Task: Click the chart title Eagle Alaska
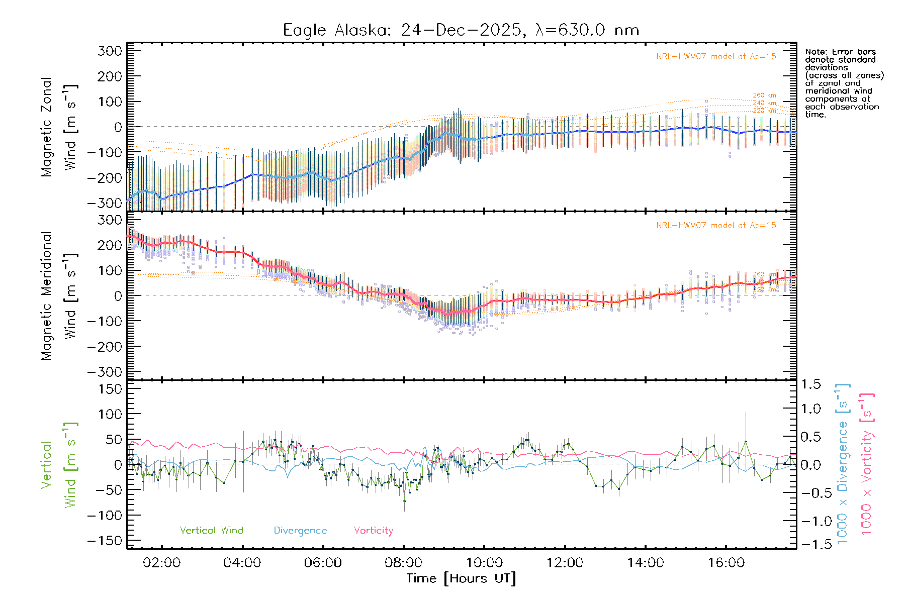tap(461, 30)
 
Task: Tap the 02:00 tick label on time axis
tap(161, 563)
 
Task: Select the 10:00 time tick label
tap(484, 563)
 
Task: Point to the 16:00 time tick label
tap(726, 563)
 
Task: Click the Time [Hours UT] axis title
tap(461, 578)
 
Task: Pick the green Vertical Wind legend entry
tap(211, 531)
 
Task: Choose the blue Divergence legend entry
tap(300, 531)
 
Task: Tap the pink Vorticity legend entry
tap(373, 531)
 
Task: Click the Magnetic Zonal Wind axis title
tap(59, 127)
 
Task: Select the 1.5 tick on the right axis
tap(810, 384)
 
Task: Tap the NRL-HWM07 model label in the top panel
tap(716, 57)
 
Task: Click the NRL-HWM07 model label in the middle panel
tap(716, 226)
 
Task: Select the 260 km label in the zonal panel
tap(764, 95)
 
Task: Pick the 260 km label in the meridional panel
tap(764, 275)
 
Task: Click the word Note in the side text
tap(814, 52)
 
